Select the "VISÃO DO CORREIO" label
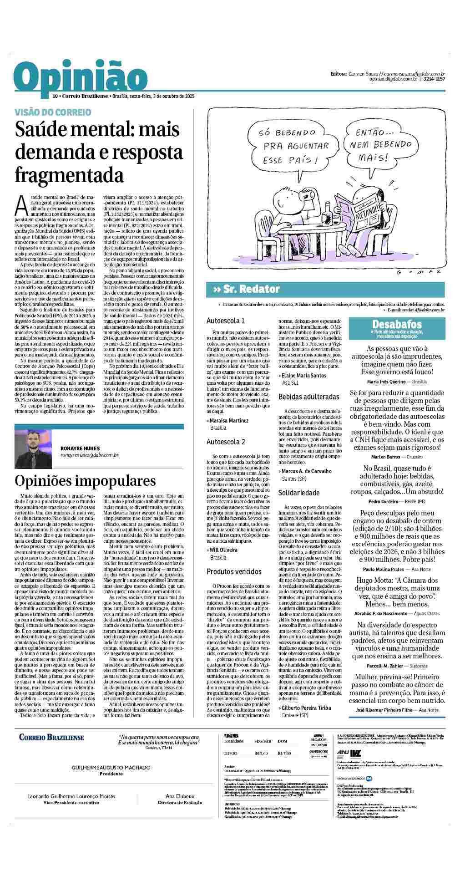tap(53, 112)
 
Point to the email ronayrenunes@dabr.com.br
tap(90, 455)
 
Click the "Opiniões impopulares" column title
tap(85, 481)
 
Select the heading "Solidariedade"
tap(299, 493)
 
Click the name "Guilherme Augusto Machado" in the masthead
tap(111, 768)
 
